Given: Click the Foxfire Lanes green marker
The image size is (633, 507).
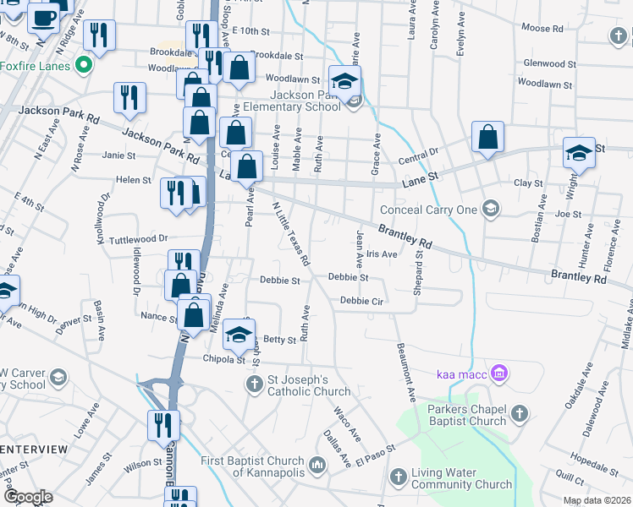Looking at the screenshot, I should [83, 64].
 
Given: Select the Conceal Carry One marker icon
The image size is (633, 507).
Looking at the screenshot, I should [490, 208].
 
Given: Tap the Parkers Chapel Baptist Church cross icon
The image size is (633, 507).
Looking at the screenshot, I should [520, 413].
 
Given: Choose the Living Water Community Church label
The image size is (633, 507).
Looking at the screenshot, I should [461, 478].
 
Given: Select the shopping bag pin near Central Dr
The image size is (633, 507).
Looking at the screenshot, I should [487, 138].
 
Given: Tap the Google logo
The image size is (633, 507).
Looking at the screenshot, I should [29, 497].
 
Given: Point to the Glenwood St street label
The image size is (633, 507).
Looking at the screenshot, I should [549, 63].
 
